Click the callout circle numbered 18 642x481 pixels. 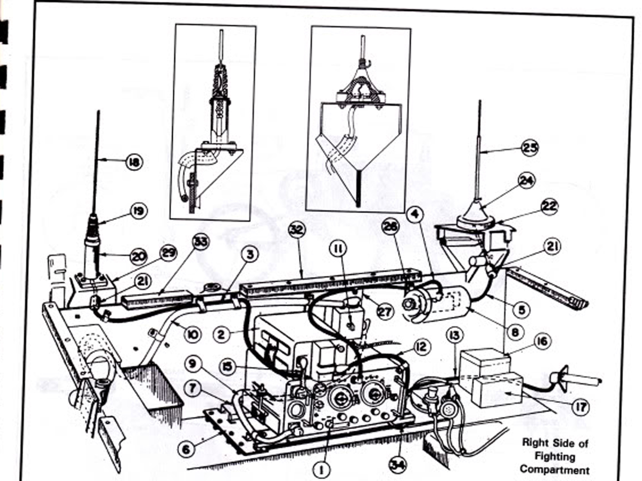[134, 161]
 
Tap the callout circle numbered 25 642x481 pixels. [530, 148]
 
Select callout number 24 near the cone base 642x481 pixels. [526, 182]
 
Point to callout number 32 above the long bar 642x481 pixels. [296, 230]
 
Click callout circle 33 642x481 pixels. [201, 242]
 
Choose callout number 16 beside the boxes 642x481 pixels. [543, 340]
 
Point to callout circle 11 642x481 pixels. [340, 248]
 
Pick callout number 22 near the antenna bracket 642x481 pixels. [549, 207]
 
